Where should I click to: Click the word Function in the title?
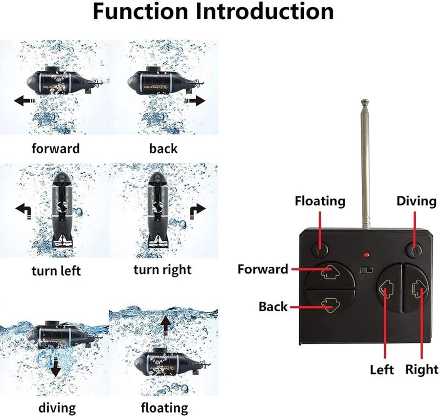pos(141,12)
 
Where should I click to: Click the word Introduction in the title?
pos(265,12)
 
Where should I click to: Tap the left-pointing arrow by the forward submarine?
pos(24,101)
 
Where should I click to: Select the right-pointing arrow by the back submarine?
pos(196,101)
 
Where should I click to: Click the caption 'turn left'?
pos(56,271)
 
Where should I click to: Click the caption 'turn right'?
pos(162,270)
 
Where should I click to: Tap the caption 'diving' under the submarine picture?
pos(57,407)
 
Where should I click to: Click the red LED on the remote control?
pos(366,256)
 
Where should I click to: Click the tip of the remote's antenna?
pos(365,102)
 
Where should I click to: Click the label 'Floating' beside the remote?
pos(320,201)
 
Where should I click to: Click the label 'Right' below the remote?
pos(422,369)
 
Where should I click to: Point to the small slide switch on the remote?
pos(367,271)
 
